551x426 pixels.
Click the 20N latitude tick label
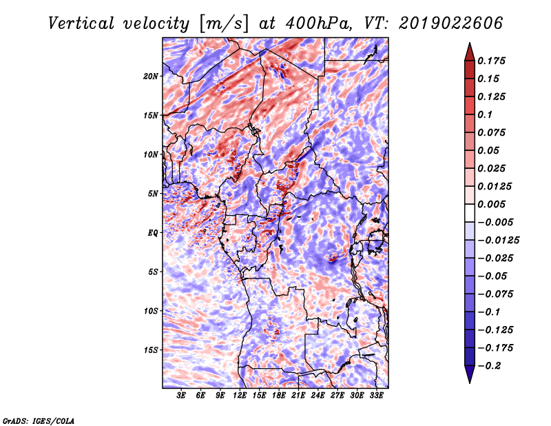(151, 77)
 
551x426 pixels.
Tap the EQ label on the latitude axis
(153, 233)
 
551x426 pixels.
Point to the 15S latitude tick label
(151, 350)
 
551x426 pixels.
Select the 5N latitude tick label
(153, 194)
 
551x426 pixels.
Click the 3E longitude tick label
(181, 396)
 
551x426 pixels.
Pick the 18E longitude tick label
(279, 396)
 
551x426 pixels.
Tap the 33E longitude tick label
(376, 396)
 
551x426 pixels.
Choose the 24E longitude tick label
(318, 396)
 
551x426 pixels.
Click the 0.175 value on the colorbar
(491, 61)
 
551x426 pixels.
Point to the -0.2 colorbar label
(489, 366)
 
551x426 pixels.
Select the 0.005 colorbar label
(491, 204)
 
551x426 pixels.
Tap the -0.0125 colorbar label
(498, 241)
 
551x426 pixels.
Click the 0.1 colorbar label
(485, 114)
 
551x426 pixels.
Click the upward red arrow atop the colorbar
(470, 52)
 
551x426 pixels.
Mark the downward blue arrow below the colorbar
(470, 374)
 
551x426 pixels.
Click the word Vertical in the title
(81, 23)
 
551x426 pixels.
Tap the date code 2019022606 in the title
(451, 23)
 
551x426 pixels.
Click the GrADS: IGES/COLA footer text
(39, 420)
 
